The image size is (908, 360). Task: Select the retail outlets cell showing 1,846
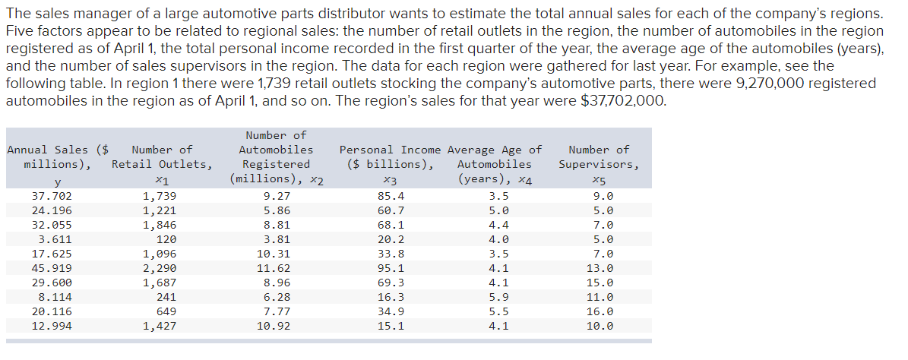click(160, 225)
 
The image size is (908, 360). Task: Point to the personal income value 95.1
click(391, 268)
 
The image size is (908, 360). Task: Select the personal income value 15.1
click(391, 326)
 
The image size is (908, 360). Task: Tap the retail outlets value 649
click(165, 311)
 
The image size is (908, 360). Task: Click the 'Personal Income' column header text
click(391, 150)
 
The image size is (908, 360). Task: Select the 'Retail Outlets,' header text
click(162, 164)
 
